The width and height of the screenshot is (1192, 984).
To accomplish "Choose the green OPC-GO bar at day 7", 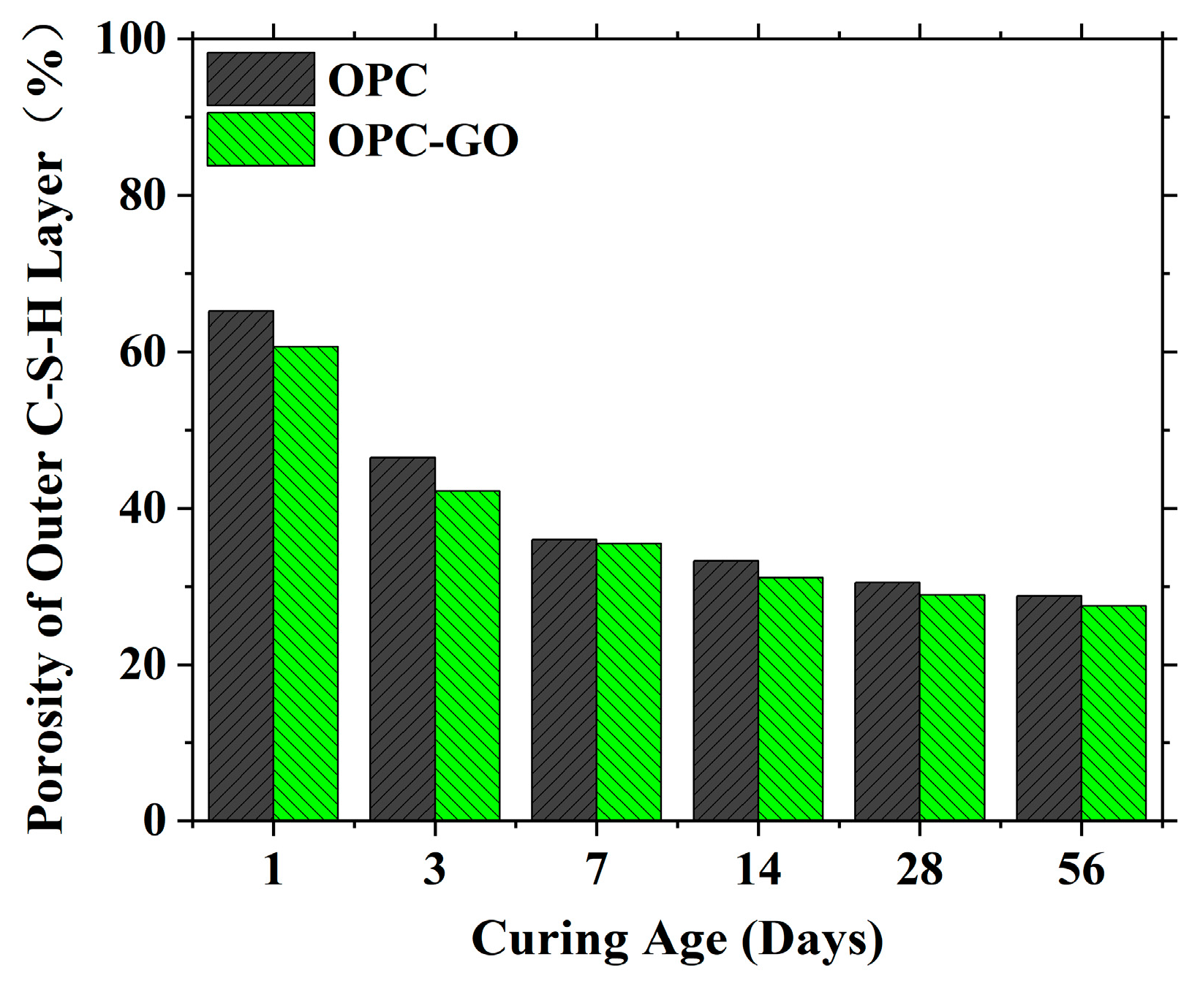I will (x=629, y=681).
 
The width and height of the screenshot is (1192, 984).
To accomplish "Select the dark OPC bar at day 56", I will (x=1049, y=707).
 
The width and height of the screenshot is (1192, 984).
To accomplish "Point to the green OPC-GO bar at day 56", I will (x=1114, y=713).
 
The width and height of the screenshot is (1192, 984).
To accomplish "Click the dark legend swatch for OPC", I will (x=260, y=79).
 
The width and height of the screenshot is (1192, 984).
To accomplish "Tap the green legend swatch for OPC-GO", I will (x=260, y=139).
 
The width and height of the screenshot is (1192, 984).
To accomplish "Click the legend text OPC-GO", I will (x=423, y=140).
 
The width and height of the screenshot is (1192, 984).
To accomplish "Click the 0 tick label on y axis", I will (x=154, y=820).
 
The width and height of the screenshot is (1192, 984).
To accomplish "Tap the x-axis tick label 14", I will (x=758, y=869).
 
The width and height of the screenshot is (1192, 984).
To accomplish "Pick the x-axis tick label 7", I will (x=596, y=869).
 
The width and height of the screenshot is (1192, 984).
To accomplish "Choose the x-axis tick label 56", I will (x=1081, y=869).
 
